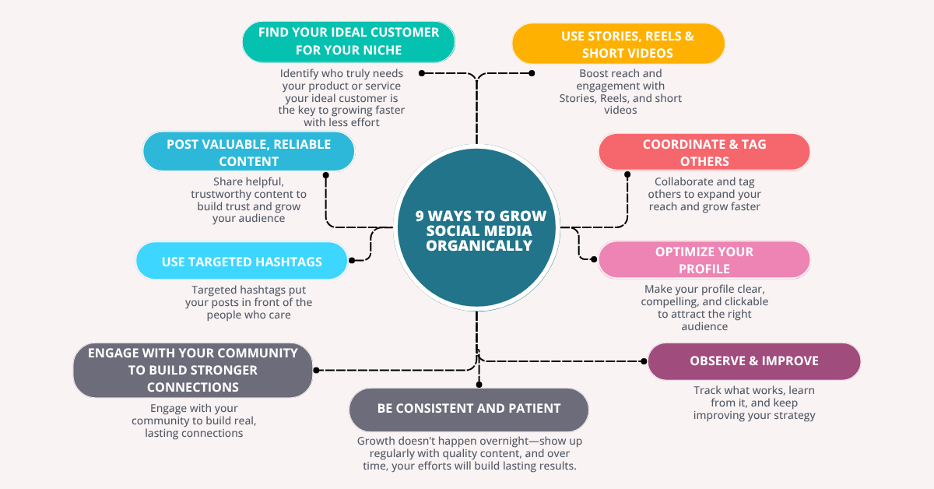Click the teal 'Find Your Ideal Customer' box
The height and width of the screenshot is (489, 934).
click(348, 41)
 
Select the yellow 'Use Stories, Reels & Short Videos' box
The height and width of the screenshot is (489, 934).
click(618, 44)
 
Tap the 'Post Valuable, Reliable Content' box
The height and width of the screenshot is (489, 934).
click(248, 152)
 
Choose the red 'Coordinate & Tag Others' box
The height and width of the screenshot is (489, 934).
click(704, 153)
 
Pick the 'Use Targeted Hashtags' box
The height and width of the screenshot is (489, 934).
click(241, 262)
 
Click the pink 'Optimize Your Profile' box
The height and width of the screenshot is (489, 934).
click(704, 260)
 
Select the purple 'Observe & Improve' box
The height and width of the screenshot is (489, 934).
click(753, 361)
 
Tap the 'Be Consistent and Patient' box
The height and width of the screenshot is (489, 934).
click(469, 409)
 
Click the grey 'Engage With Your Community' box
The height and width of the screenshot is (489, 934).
click(192, 370)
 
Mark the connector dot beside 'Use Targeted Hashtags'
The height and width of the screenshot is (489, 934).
click(353, 260)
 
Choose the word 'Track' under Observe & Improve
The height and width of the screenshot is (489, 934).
click(708, 391)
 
